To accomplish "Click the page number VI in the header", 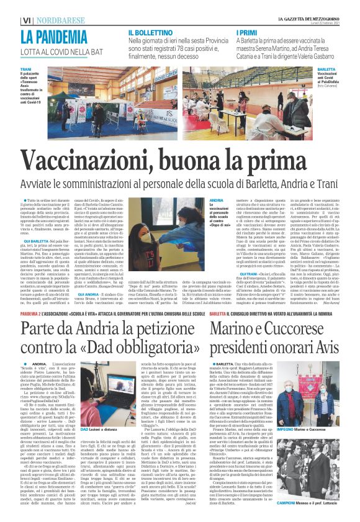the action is pos(9,6).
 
